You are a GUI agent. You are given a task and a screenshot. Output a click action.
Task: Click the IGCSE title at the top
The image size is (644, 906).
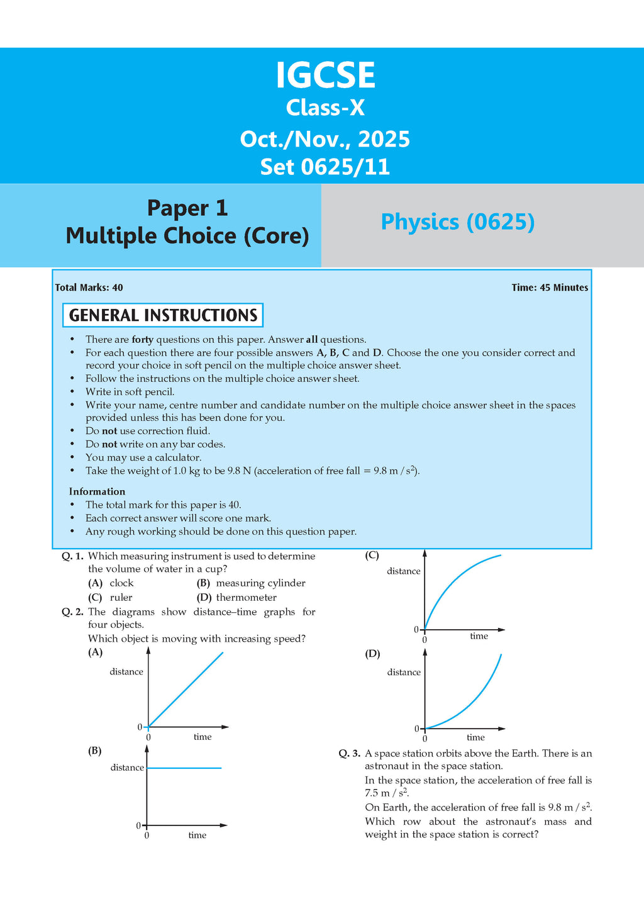(x=325, y=75)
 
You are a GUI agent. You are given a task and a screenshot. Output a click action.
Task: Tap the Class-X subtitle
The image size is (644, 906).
(x=325, y=108)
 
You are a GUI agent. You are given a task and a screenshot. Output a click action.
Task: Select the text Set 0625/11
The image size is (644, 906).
(x=325, y=167)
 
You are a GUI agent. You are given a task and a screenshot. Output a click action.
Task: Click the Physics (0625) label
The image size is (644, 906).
(x=457, y=222)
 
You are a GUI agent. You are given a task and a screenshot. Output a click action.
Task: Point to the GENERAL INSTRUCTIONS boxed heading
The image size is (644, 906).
(x=163, y=315)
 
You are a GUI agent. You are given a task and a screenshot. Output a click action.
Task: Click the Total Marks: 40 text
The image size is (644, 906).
(x=89, y=288)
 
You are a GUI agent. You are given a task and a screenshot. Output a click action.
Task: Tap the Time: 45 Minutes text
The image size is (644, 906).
(x=550, y=288)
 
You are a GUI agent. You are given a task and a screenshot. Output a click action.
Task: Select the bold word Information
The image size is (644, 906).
(x=97, y=491)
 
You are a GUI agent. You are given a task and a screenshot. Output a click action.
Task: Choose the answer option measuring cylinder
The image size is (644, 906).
(x=260, y=583)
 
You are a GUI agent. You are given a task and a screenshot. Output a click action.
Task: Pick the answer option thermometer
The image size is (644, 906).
(x=246, y=598)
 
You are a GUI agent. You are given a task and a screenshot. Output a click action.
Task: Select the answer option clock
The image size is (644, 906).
(x=121, y=583)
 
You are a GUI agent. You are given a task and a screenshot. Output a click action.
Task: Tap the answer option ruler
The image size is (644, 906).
(x=121, y=598)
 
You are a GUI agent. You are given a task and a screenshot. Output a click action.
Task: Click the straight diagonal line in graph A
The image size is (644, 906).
(x=186, y=690)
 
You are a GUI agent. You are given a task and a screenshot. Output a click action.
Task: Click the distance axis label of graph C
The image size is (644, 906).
(x=404, y=571)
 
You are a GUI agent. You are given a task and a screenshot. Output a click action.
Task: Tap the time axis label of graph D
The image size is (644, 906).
(x=475, y=737)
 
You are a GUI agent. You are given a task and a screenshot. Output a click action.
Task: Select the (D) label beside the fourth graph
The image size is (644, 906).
(x=372, y=654)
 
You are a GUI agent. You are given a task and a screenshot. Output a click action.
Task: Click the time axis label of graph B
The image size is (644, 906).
(x=197, y=836)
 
